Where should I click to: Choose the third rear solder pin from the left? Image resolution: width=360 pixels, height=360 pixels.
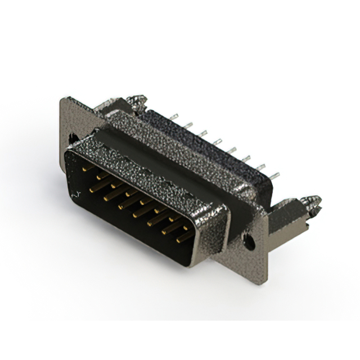tap(202, 133)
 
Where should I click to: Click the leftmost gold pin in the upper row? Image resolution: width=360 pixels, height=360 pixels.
tap(84, 168)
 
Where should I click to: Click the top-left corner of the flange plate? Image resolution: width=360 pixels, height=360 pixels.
tap(62, 100)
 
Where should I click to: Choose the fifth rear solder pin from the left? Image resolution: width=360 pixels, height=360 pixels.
tap(231, 150)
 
